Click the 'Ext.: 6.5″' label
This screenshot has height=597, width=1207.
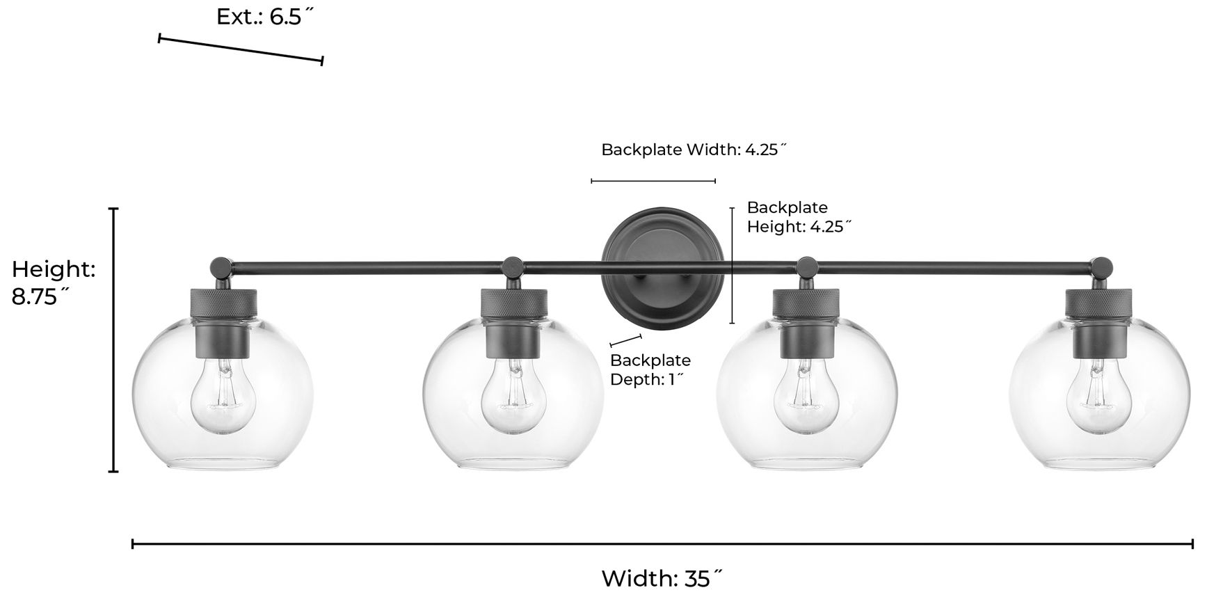tap(261, 17)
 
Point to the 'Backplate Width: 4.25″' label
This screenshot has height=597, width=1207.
tap(694, 150)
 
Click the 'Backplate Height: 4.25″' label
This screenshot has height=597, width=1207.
tap(799, 216)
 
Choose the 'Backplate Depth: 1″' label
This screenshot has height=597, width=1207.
tap(650, 369)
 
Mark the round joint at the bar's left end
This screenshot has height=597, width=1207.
tap(221, 266)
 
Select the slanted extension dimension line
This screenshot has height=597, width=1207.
tap(241, 49)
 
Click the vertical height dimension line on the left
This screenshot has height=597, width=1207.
tap(113, 340)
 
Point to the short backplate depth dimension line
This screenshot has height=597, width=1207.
tap(625, 340)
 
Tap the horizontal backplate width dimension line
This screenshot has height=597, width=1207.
tap(653, 181)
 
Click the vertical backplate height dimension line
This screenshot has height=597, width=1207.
tap(732, 265)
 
